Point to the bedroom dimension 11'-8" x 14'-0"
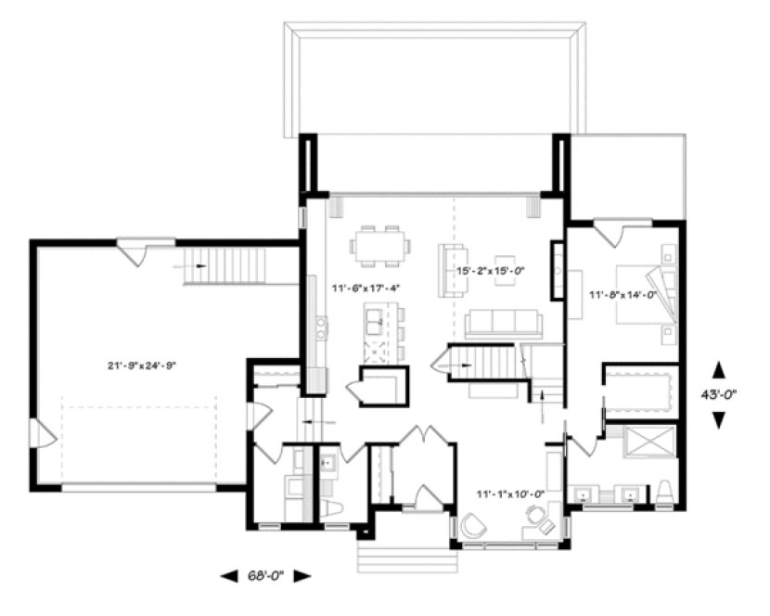(x=622, y=295)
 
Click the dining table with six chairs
(x=380, y=246)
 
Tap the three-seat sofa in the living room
(x=504, y=322)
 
